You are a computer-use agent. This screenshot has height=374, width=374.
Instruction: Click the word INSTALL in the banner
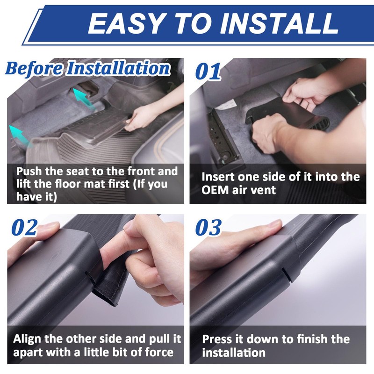279,23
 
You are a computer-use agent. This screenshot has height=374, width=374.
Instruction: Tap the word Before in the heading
34,68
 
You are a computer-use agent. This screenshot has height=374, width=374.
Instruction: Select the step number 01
208,72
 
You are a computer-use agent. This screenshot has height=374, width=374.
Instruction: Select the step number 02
25,228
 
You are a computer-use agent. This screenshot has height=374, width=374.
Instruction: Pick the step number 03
208,228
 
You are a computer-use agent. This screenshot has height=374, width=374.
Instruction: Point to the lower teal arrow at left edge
20,135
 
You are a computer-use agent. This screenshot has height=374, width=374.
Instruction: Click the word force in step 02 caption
159,352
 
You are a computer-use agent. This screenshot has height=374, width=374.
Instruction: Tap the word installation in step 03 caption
234,353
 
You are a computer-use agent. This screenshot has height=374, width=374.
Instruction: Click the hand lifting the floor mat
143,117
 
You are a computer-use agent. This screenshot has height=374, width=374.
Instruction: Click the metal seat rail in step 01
222,138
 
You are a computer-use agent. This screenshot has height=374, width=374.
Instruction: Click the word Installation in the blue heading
118,68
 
